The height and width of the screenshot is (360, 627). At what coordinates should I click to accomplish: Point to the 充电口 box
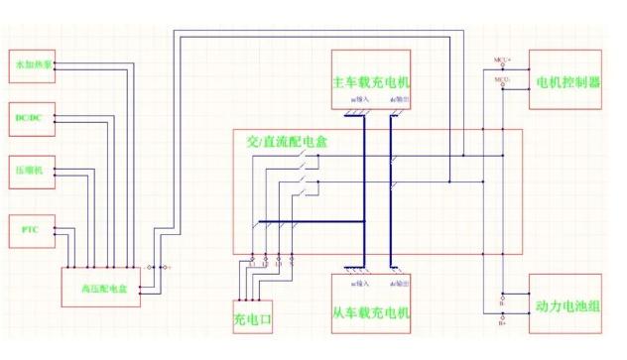252,320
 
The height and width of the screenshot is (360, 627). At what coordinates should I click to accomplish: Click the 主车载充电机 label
370,81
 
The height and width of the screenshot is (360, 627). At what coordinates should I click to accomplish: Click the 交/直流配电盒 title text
288,142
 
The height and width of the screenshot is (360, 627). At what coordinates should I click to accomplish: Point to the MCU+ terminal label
503,60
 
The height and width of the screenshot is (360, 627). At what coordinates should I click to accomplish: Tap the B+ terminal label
503,321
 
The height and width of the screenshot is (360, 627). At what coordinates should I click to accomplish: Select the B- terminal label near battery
503,304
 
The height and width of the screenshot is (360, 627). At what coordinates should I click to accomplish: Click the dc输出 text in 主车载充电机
396,101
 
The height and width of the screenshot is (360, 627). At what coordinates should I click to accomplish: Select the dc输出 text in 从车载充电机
396,270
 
